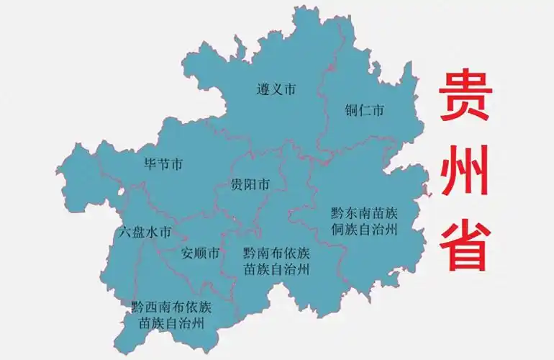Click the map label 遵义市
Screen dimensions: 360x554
click(x=276, y=90)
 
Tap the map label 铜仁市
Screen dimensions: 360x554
click(x=364, y=110)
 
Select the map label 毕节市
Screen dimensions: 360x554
click(x=163, y=165)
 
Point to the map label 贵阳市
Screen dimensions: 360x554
click(x=250, y=185)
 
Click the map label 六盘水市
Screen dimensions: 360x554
click(x=145, y=233)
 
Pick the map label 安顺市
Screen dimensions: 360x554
click(x=200, y=253)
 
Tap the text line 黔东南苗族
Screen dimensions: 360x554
click(x=364, y=214)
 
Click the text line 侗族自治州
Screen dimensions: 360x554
click(x=364, y=230)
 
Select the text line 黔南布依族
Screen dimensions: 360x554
click(x=276, y=253)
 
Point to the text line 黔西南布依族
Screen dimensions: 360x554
click(x=172, y=307)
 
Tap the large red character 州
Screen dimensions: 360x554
click(x=466, y=171)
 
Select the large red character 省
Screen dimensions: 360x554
click(x=466, y=243)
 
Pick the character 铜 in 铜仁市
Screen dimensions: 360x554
click(x=351, y=110)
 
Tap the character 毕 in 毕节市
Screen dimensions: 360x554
click(x=150, y=165)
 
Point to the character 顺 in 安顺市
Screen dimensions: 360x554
click(x=200, y=253)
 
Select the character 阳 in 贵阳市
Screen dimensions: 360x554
click(x=250, y=185)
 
